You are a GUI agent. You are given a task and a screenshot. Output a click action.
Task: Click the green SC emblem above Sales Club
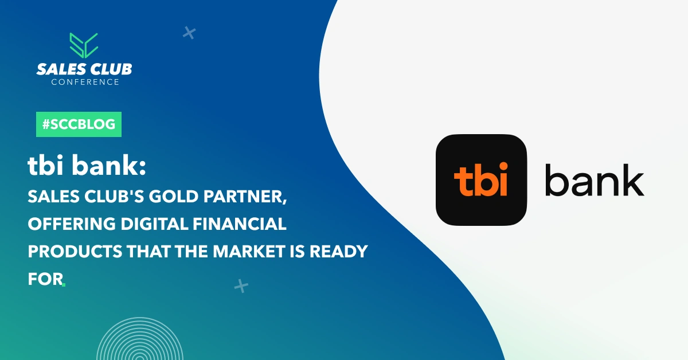(x=84, y=45)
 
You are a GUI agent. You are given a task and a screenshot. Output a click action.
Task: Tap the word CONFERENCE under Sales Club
(x=85, y=82)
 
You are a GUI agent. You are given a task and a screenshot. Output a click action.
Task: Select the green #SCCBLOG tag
(x=79, y=124)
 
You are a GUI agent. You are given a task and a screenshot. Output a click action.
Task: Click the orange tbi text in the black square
(x=480, y=179)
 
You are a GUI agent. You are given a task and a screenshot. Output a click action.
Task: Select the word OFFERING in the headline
(x=72, y=224)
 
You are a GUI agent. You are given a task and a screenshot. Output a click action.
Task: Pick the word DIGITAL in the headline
(x=154, y=224)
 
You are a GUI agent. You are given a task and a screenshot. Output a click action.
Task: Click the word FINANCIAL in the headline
(x=240, y=224)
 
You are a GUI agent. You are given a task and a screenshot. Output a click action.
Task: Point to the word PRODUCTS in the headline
(x=75, y=251)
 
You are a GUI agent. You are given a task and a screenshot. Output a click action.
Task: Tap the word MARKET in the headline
(x=249, y=251)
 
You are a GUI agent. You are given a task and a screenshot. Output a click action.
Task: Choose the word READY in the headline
(x=338, y=251)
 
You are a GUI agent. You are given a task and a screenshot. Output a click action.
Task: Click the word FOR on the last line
(x=45, y=279)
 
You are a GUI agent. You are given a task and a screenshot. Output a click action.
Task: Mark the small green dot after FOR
(x=64, y=285)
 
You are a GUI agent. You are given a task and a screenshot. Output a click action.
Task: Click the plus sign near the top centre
(x=189, y=33)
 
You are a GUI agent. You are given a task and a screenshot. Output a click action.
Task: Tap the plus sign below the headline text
(x=241, y=286)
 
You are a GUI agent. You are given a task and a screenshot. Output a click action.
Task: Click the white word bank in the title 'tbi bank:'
(x=109, y=166)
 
